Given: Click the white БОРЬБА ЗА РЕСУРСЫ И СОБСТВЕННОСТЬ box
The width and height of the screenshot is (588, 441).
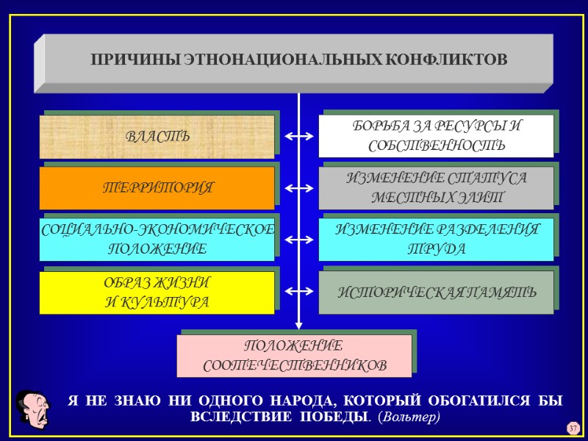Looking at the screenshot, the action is [436, 136].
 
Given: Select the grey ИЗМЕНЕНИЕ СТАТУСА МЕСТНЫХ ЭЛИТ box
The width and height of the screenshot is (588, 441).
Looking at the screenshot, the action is [436, 187].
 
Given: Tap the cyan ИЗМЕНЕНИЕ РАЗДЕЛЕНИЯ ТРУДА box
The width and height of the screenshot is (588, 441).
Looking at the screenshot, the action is [436, 240].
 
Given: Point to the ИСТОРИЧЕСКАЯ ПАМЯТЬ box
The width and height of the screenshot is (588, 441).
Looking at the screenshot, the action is [436, 293].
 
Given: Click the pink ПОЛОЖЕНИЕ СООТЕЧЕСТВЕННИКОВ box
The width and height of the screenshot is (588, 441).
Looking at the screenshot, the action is [294, 356].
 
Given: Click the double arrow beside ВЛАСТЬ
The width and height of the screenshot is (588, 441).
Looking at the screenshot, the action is [298, 137].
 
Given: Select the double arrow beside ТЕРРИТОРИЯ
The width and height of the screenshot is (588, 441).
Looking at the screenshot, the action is [298, 189].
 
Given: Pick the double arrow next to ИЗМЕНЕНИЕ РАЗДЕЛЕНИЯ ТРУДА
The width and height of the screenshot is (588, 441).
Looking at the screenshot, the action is [298, 240].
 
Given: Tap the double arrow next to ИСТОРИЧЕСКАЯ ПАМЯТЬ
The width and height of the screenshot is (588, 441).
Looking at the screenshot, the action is [298, 293].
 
